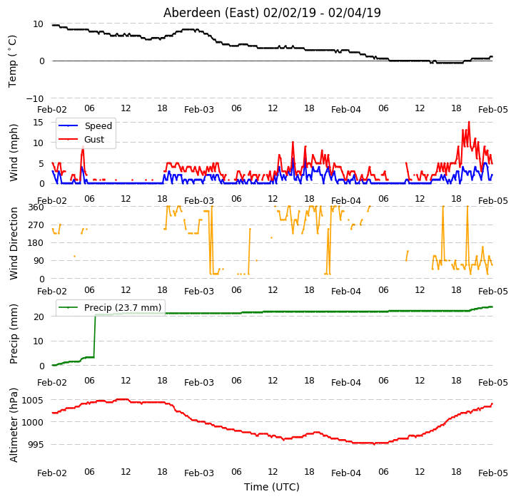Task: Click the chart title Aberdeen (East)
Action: tap(211, 13)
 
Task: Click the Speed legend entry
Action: tap(85, 126)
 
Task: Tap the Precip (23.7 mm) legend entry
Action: tap(110, 308)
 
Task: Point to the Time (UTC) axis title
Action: tap(272, 487)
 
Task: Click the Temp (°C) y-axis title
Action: tap(12, 61)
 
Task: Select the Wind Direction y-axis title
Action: tap(13, 244)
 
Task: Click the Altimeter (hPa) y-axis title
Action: tap(14, 426)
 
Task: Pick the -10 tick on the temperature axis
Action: tap(34, 98)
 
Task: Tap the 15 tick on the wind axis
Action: tap(38, 123)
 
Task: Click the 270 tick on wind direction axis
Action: tap(36, 225)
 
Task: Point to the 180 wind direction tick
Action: tap(36, 243)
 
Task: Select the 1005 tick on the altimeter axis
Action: tap(32, 401)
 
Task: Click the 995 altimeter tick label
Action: tap(35, 445)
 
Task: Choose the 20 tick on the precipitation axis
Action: tap(38, 317)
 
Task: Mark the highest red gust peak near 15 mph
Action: tap(469, 123)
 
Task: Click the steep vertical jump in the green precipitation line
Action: tap(95, 336)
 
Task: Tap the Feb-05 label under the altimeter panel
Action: tap(492, 473)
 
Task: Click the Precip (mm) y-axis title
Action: tap(14, 334)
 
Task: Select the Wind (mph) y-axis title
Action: tap(14, 153)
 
